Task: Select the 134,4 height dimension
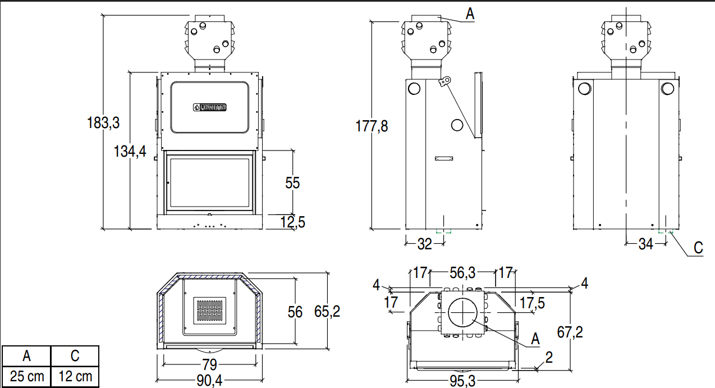130,151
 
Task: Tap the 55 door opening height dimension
292,183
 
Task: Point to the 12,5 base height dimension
292,222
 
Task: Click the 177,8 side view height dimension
372,126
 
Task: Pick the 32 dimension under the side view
425,244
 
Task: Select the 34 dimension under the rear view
646,244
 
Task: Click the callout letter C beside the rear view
698,248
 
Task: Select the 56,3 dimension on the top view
463,273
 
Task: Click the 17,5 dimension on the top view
532,303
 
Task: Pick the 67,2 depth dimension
570,332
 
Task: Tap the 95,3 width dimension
462,381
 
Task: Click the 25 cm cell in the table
26,376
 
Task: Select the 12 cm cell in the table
75,376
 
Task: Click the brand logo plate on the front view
209,107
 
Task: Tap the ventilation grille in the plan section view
209,310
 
